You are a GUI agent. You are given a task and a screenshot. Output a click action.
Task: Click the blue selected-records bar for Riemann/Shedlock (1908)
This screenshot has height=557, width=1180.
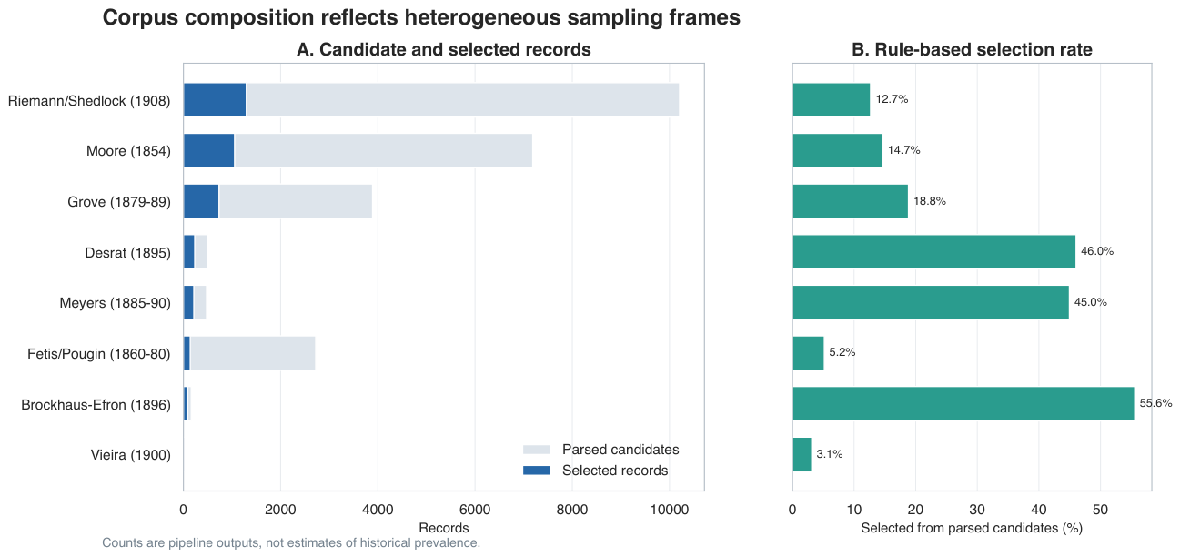pos(215,99)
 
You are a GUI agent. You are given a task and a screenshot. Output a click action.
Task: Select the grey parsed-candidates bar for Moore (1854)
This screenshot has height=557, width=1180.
pos(383,151)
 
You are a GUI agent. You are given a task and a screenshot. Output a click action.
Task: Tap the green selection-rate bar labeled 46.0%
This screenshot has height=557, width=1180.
pos(934,252)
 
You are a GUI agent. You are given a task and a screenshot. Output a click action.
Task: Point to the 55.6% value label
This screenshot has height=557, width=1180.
pos(1155,403)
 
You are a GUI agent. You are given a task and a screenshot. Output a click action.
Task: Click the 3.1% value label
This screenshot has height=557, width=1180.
pos(830,454)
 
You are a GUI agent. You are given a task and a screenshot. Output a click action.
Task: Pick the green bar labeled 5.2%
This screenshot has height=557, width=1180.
pos(808,353)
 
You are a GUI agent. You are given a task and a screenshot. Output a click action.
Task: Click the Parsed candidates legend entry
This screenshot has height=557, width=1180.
pos(601,450)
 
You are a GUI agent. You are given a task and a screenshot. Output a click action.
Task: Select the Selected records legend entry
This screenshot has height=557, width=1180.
pos(596,470)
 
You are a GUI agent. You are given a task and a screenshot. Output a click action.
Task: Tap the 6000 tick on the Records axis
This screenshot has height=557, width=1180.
pos(475,510)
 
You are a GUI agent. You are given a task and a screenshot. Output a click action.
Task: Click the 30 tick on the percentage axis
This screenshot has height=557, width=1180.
pos(977,510)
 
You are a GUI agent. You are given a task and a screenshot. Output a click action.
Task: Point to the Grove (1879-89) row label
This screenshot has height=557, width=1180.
pos(119,202)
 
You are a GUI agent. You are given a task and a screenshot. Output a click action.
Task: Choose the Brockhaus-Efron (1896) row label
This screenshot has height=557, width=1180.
pos(96,405)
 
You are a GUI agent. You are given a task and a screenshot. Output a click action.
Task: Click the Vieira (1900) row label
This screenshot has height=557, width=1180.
pos(131,455)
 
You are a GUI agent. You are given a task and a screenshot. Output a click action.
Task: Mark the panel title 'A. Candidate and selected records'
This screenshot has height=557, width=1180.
pos(444,49)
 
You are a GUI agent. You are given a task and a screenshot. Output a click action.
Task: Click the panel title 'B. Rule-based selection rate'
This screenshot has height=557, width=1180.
pos(972,49)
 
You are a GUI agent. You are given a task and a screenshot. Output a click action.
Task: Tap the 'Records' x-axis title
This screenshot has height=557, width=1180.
pos(444,528)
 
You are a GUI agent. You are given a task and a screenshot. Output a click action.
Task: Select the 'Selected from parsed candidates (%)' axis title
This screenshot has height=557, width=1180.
pos(972,528)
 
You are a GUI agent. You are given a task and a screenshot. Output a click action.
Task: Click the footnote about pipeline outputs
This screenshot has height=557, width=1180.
pos(291,542)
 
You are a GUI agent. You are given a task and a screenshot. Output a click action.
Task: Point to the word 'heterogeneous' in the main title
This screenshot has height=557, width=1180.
pos(478,18)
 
